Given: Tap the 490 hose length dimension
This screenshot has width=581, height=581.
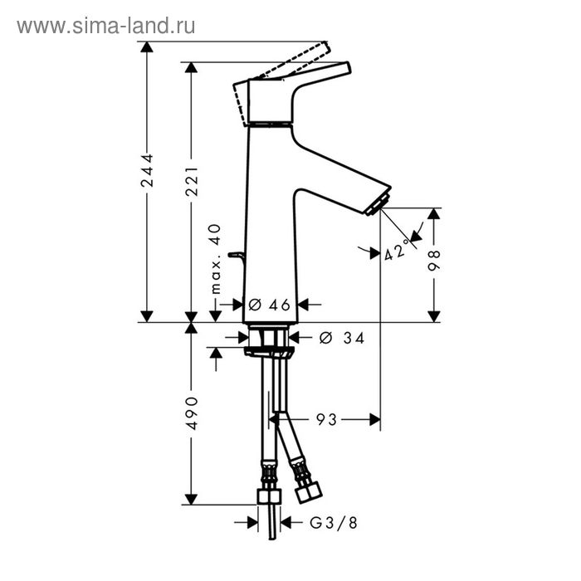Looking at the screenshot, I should click(191, 412).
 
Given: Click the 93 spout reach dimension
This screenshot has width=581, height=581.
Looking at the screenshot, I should click(327, 419).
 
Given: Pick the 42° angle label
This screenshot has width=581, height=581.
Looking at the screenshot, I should click(398, 250).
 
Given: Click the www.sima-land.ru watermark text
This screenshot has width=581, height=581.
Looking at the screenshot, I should click(105, 26).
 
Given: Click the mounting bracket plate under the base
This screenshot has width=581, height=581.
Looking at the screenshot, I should click(270, 352).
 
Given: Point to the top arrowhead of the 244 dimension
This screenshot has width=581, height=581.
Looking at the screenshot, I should click(147, 46).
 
